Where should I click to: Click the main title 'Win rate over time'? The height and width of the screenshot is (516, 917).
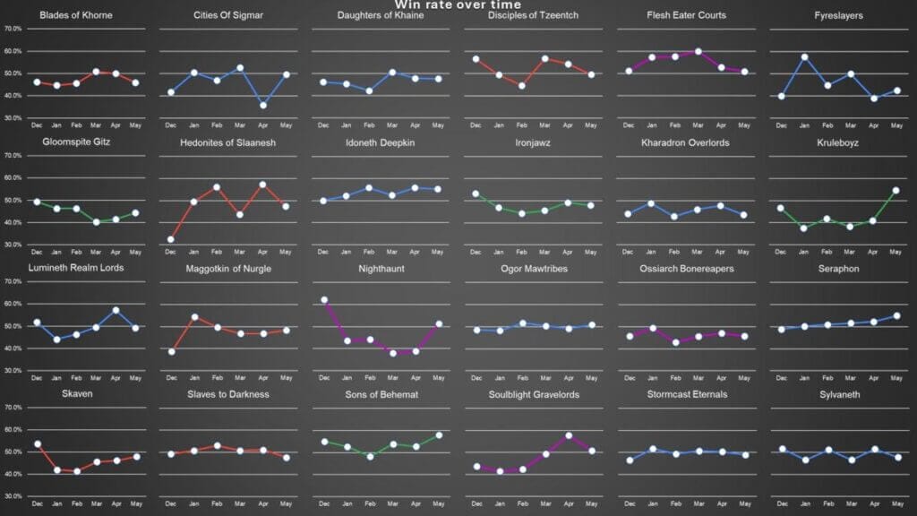click(x=458, y=5)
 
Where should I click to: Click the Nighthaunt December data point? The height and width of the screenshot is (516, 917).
click(x=323, y=300)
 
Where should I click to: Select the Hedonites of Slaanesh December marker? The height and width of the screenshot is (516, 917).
click(x=170, y=239)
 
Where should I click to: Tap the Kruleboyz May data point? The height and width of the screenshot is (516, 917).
click(x=896, y=190)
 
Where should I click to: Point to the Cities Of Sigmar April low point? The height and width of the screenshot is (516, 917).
click(x=262, y=105)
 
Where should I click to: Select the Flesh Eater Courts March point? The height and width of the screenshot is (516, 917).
click(x=698, y=52)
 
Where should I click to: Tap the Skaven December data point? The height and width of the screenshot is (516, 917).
click(x=37, y=443)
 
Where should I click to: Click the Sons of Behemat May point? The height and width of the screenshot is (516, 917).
click(x=439, y=435)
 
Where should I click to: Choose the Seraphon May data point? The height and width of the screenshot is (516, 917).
click(x=896, y=315)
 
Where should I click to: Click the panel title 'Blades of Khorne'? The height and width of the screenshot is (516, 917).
click(x=76, y=15)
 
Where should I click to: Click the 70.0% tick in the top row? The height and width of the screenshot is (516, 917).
click(x=13, y=29)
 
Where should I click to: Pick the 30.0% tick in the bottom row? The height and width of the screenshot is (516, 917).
click(x=13, y=496)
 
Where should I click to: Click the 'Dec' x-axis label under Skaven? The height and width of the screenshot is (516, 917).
click(x=37, y=503)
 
